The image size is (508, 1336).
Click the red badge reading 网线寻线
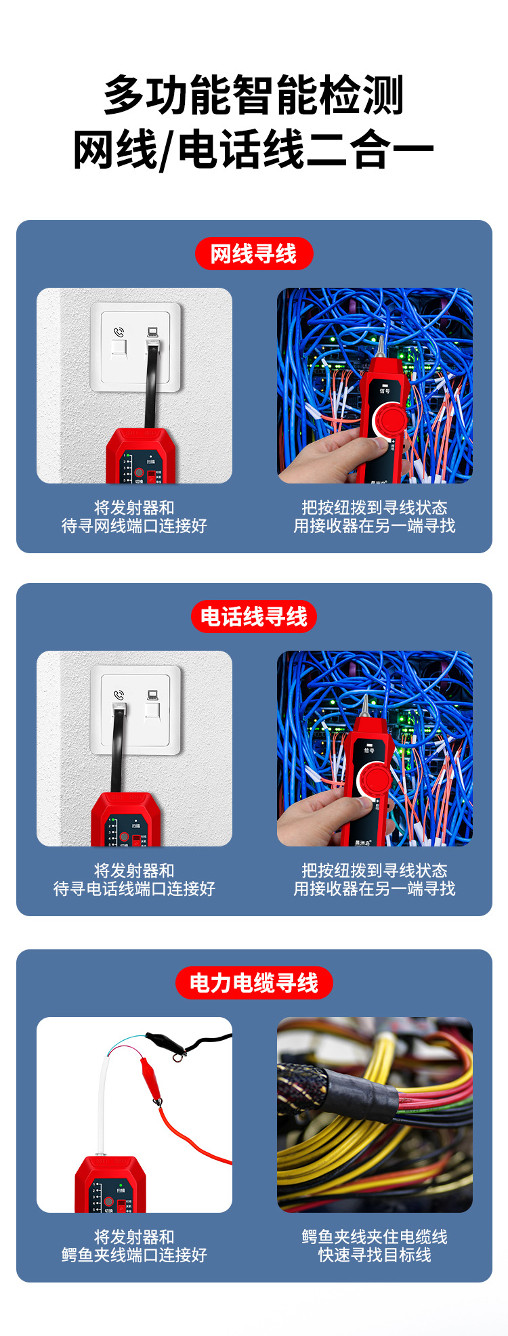coord(254,254)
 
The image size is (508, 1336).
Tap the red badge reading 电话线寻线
coord(254,617)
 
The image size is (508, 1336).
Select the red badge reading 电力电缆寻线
coord(254,983)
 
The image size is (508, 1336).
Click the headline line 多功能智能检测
coord(254,95)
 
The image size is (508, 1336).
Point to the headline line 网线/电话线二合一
coord(254,150)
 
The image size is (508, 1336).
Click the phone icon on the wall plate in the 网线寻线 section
coord(119,332)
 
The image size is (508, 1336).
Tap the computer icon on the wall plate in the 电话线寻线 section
coord(152,695)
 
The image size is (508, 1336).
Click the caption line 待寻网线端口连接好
coord(134,526)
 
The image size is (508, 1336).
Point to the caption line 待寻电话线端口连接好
coord(134,889)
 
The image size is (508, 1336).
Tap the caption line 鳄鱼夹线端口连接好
coord(134,1255)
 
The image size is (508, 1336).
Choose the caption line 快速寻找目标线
coord(375,1255)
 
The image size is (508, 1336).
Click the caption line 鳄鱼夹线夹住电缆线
coord(375,1236)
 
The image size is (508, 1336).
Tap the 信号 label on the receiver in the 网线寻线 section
coord(385,390)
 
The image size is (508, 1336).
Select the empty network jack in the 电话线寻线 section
coord(152,712)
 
